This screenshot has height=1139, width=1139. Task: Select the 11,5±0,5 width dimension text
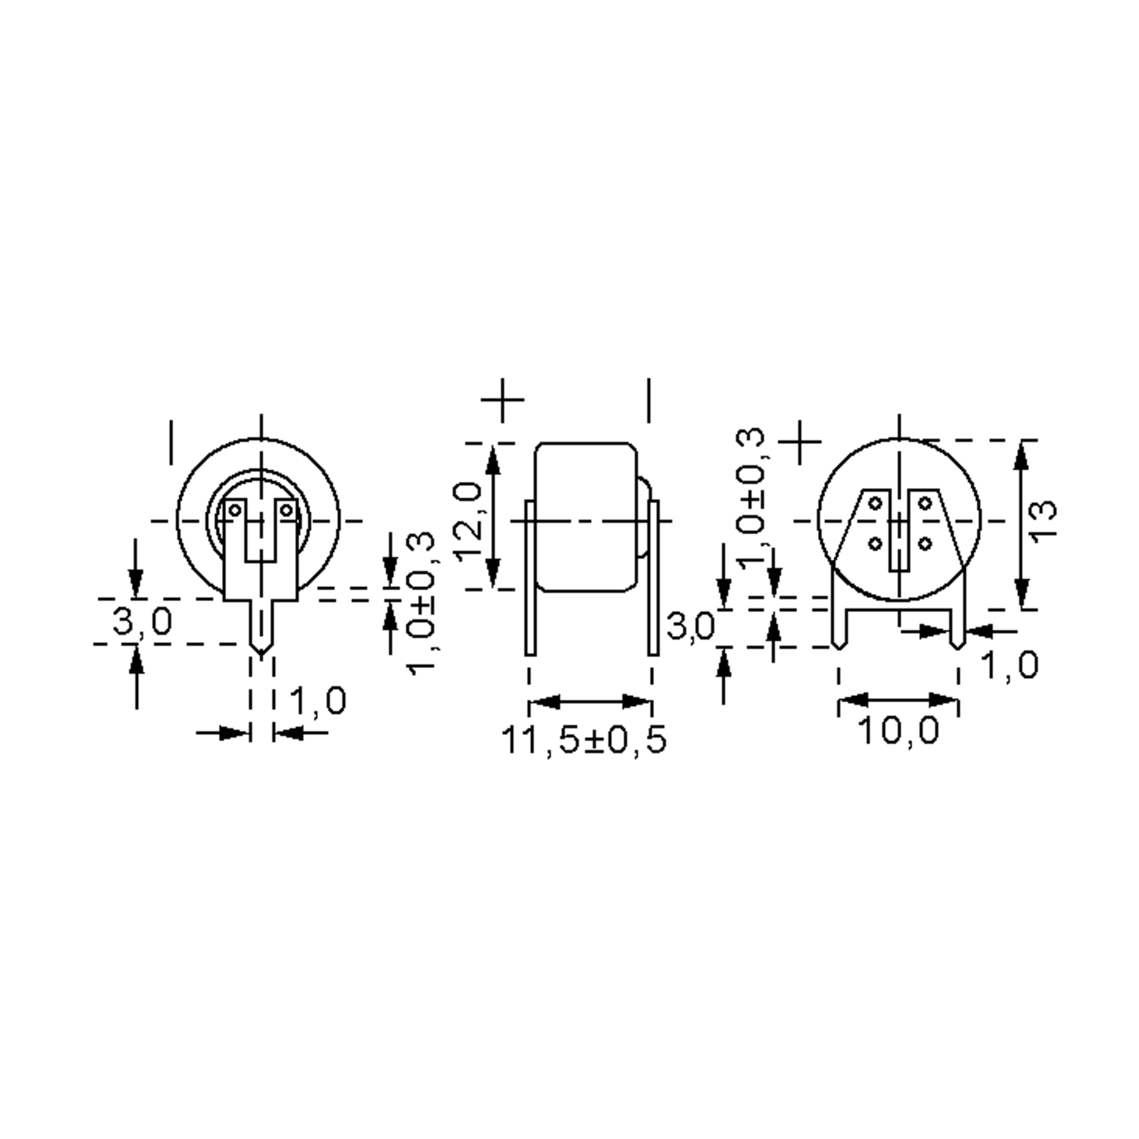pyautogui.click(x=584, y=740)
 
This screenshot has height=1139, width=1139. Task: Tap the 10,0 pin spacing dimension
pyautogui.click(x=898, y=731)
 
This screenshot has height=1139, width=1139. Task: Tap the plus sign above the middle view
pyautogui.click(x=502, y=400)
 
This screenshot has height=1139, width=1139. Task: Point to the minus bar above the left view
pyautogui.click(x=171, y=442)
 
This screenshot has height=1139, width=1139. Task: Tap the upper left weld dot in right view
pyautogui.click(x=876, y=504)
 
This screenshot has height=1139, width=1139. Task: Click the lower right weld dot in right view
pyautogui.click(x=925, y=543)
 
